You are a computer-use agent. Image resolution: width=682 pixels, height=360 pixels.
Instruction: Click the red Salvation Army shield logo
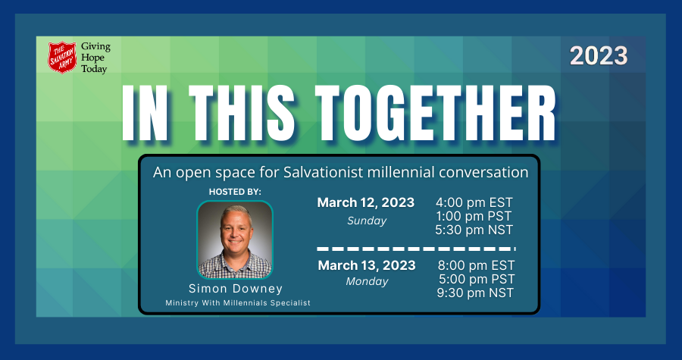pos(62,58)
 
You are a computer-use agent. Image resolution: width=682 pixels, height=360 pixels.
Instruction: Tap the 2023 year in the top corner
pos(599,56)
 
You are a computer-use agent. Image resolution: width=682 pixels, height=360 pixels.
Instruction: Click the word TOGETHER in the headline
pos(436,113)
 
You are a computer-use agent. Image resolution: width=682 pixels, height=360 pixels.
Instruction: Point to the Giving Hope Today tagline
pos(95,58)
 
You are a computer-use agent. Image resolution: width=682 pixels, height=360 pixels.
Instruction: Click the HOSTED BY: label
pos(235,192)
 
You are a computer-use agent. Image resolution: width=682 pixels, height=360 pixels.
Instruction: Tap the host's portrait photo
pos(235,239)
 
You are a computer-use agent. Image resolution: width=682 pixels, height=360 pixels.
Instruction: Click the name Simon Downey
pos(236,289)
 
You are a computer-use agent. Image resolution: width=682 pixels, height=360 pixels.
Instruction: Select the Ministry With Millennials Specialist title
pos(238,303)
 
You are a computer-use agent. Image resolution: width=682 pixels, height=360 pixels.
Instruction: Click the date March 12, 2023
pos(366,203)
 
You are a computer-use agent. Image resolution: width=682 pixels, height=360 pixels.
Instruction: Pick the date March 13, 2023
pos(367,265)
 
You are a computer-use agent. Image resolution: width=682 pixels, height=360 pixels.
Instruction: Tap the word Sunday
pos(367,221)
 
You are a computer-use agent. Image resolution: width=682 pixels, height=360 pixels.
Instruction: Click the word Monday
pos(367,282)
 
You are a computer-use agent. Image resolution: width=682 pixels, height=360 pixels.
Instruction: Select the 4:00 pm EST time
pos(474,202)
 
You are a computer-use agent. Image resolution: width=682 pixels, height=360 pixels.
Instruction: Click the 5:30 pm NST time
pos(474,230)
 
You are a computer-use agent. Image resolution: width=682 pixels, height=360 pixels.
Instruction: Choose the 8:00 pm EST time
pos(476,265)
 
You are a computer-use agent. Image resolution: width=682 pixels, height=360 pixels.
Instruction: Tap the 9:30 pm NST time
pos(475,293)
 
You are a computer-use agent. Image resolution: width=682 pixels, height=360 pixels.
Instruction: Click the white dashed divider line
pos(416,249)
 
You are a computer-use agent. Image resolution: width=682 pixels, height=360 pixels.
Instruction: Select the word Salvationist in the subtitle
pos(323,172)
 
